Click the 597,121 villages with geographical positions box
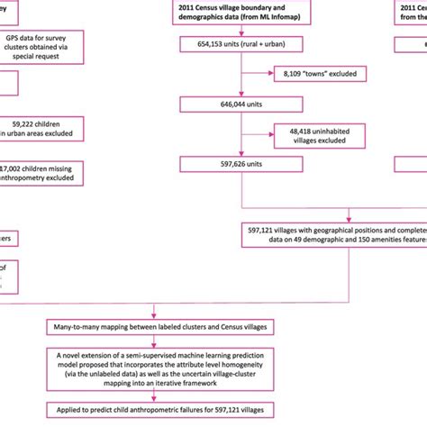[x=333, y=235]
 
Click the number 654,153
[x=204, y=44]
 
